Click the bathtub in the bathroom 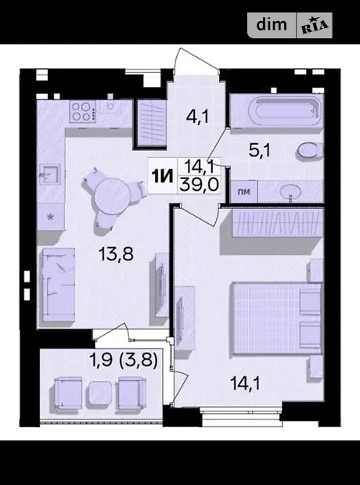(286, 111)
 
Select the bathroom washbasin (290, 192)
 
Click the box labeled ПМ (244, 192)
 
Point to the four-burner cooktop (82, 112)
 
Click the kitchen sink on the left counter (49, 174)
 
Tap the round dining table (112, 196)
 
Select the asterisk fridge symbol (50, 217)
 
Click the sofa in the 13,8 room (59, 285)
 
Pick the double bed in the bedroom (277, 318)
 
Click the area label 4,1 (197, 117)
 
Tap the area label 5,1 (259, 151)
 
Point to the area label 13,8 (116, 254)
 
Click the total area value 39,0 (199, 185)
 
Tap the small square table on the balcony (100, 393)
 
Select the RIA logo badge (315, 25)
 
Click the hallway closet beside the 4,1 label (150, 123)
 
